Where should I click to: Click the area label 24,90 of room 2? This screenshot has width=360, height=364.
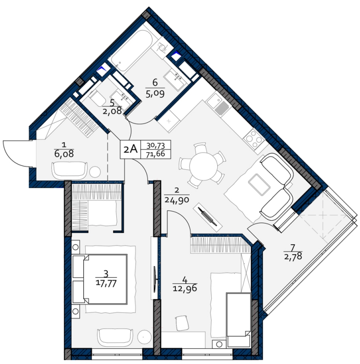(177, 199)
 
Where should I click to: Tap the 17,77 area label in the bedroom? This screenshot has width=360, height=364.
(106, 283)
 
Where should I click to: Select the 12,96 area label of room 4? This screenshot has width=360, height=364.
(185, 288)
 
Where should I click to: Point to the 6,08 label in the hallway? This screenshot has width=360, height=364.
(64, 154)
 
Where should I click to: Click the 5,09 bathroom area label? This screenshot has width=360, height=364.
(155, 94)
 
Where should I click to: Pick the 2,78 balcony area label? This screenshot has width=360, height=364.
(293, 257)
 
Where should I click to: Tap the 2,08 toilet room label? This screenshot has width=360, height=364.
(112, 111)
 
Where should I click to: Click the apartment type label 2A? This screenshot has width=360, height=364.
(131, 150)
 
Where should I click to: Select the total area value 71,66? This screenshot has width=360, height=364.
(156, 154)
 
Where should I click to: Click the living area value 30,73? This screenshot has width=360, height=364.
(156, 146)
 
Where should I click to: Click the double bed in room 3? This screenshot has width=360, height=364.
(100, 279)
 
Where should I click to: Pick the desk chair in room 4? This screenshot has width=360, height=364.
(182, 323)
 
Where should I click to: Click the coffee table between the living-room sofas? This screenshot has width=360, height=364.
(259, 184)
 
